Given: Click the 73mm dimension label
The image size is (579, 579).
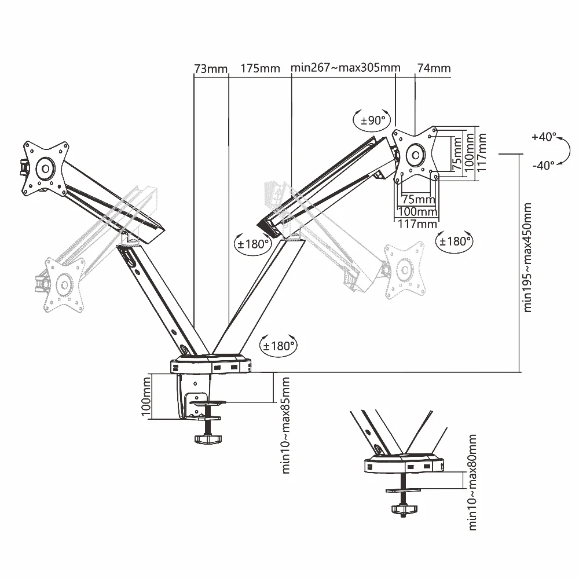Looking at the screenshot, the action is [x=211, y=69].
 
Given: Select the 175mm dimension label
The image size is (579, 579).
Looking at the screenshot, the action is [x=261, y=68].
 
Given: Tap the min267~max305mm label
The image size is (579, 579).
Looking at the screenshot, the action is [x=345, y=68].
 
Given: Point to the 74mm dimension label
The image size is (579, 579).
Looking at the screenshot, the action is [x=434, y=68].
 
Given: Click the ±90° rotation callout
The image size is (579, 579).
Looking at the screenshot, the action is [x=372, y=120].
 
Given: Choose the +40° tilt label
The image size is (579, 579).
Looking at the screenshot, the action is [x=544, y=137].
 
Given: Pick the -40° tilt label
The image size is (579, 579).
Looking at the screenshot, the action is [x=544, y=165].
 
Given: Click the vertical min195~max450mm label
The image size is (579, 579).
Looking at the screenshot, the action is [x=527, y=258].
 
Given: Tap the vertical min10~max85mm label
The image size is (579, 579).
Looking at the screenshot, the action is [x=285, y=425].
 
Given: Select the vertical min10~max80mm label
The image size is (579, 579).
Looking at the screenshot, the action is [x=472, y=483].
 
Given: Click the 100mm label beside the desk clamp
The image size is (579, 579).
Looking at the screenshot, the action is [x=146, y=396].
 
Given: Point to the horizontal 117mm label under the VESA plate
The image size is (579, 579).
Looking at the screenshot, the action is [x=417, y=224].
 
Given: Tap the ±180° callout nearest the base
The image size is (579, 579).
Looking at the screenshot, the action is [x=279, y=346].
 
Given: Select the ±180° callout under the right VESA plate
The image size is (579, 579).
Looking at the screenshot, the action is [x=454, y=241].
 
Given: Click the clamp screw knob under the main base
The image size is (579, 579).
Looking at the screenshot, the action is [x=208, y=439].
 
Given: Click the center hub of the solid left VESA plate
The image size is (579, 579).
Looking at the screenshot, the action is [x=46, y=169].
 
